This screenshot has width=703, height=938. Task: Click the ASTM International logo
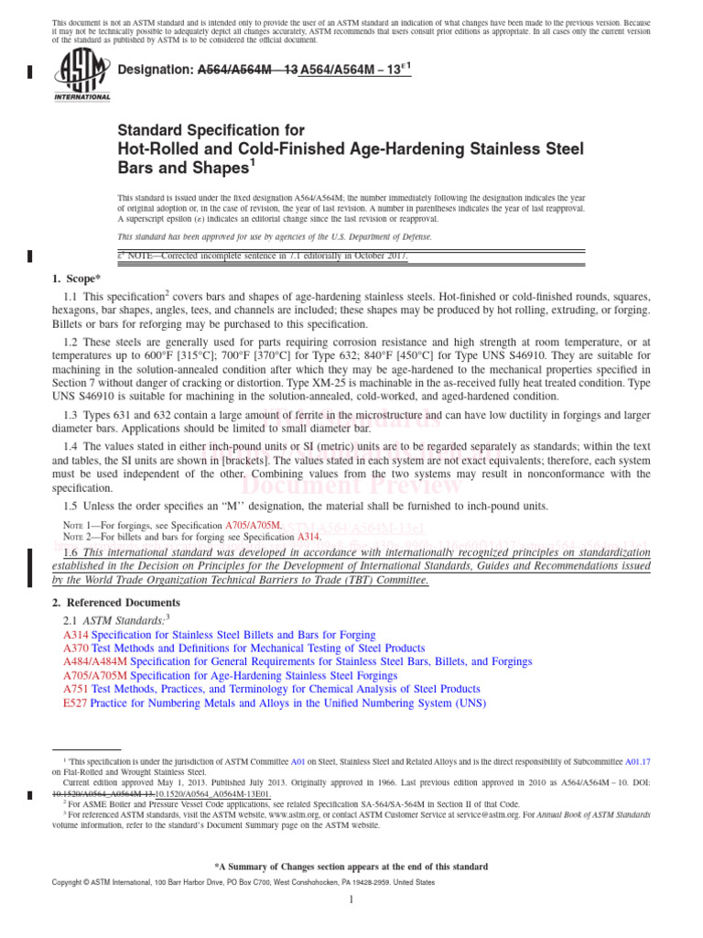pos(82,75)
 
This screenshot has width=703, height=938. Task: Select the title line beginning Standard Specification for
pos(211,131)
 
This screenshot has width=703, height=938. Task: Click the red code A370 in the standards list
pos(76,648)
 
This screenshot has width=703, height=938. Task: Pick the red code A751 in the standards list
pos(76,689)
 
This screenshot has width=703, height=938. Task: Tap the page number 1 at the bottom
pos(351,900)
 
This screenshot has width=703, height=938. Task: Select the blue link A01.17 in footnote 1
pos(637,761)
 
